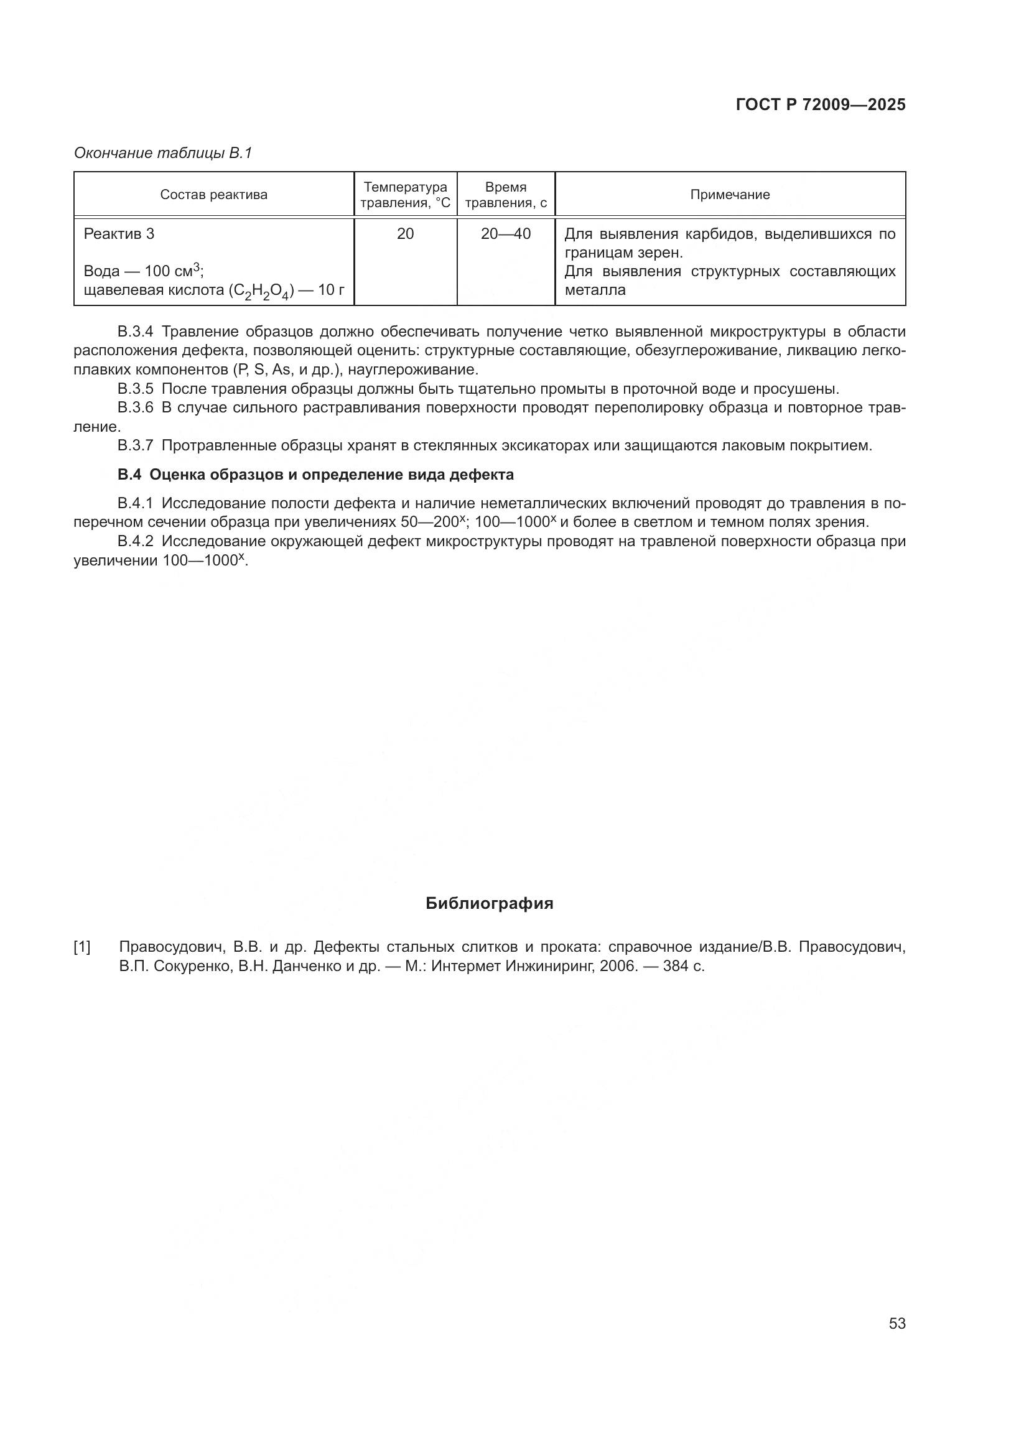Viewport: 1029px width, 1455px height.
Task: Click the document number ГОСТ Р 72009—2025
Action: click(x=821, y=105)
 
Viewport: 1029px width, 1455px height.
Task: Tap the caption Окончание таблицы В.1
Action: click(x=163, y=153)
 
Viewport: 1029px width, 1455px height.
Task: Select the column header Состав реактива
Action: click(x=213, y=195)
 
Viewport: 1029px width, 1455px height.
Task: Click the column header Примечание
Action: click(x=730, y=195)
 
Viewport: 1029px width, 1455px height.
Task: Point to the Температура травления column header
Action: click(x=406, y=195)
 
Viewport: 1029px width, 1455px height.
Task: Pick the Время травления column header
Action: click(x=506, y=195)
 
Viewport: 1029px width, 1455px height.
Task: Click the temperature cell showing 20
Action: click(x=406, y=234)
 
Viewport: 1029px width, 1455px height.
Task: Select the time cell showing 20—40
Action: click(x=506, y=234)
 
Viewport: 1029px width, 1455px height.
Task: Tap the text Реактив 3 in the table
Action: click(x=119, y=234)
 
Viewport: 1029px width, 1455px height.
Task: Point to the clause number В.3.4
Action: click(x=136, y=332)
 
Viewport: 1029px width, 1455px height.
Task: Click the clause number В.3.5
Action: click(x=136, y=388)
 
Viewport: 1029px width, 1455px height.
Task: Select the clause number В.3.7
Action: click(x=136, y=445)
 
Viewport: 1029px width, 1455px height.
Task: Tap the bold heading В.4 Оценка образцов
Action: click(x=315, y=475)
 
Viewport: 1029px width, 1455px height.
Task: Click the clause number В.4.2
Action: click(x=136, y=541)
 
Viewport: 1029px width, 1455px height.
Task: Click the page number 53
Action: click(x=896, y=1324)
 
